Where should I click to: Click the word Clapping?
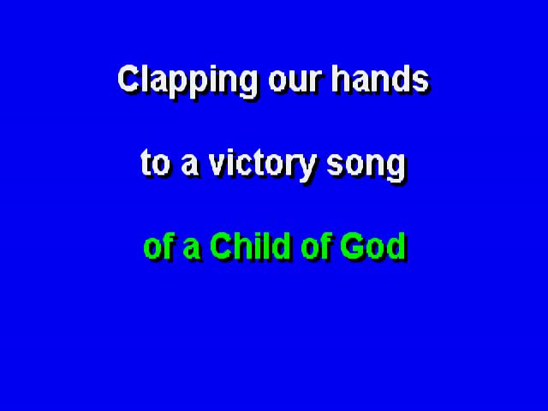tap(188, 81)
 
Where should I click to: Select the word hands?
tap(380, 79)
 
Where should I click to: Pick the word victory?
tap(263, 165)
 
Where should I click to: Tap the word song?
tap(366, 167)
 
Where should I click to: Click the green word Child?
tap(250, 246)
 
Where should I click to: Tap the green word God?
tap(373, 246)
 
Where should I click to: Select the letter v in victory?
tap(218, 165)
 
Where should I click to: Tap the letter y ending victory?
tap(307, 169)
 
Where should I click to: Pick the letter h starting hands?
tap(341, 79)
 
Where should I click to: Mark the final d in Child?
tap(281, 246)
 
